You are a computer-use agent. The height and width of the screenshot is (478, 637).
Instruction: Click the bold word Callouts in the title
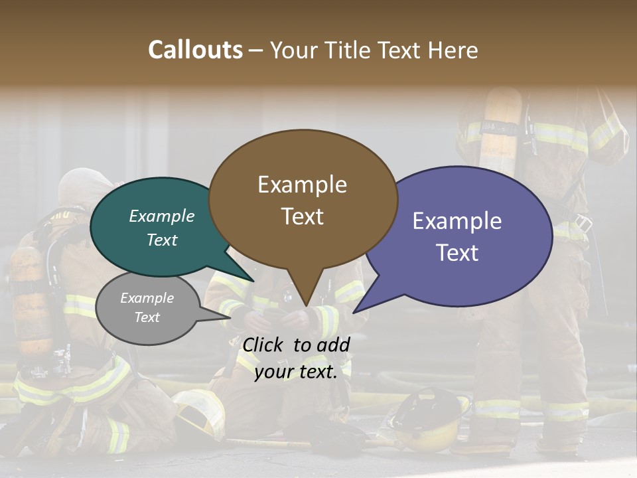tap(195, 50)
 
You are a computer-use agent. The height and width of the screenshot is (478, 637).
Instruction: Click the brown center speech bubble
tap(303, 199)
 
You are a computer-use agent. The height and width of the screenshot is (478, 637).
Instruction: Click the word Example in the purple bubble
tap(457, 221)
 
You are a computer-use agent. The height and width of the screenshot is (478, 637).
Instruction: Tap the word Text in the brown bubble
tap(303, 216)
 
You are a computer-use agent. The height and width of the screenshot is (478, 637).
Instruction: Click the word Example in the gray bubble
tap(147, 298)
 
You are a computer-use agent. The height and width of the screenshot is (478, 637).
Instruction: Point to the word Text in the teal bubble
tap(162, 240)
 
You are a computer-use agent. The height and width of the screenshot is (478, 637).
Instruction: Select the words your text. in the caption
tap(295, 372)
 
